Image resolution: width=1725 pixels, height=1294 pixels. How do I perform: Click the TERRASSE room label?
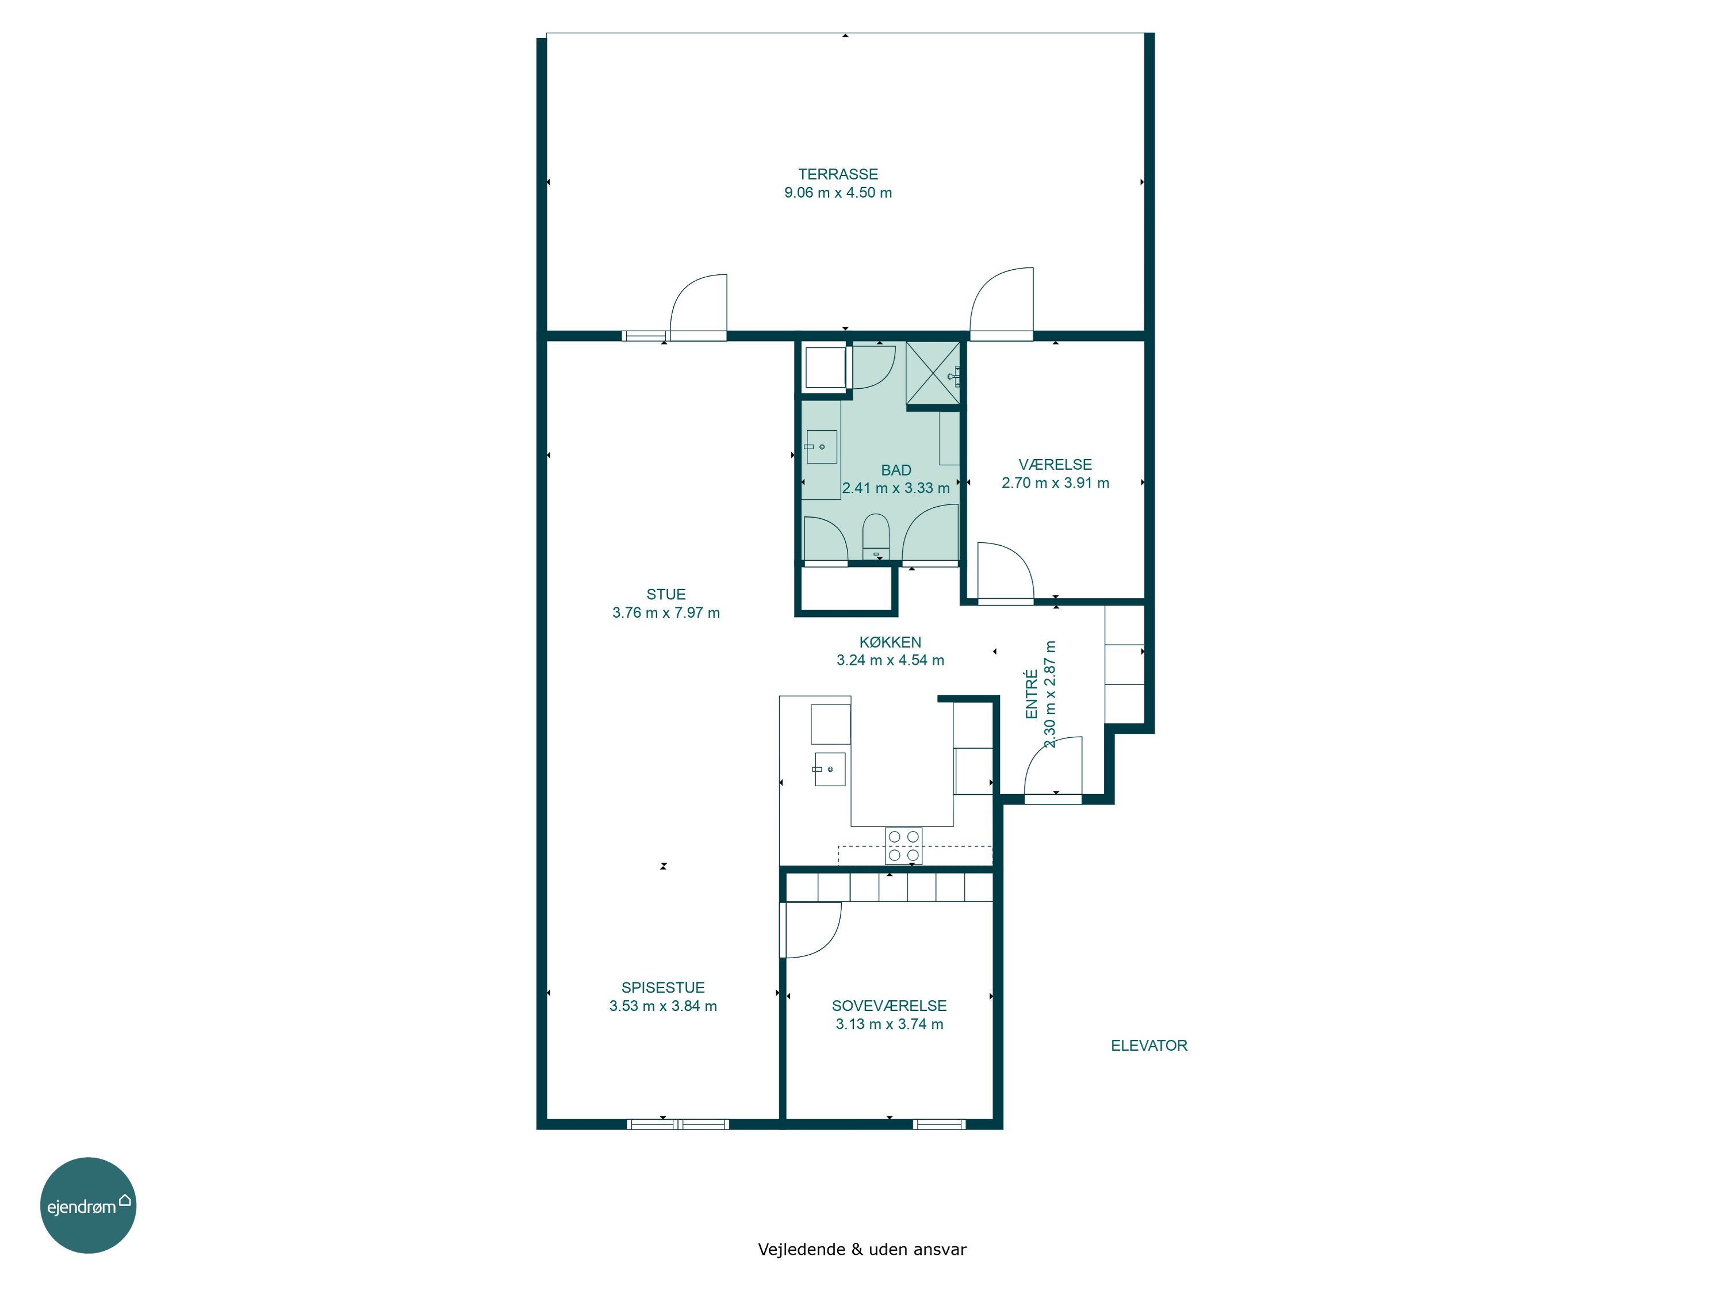click(x=838, y=174)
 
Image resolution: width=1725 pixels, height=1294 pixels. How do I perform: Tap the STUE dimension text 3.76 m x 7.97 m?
click(x=666, y=612)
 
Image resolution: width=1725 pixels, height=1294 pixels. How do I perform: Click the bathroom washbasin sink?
click(x=821, y=447)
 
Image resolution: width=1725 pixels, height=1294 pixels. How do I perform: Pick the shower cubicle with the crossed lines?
click(x=933, y=374)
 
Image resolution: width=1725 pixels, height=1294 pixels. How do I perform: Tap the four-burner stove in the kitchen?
click(x=903, y=845)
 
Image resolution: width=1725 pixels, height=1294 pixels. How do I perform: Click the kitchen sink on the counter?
click(x=830, y=769)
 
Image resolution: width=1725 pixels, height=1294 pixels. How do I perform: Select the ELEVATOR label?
click(x=1149, y=1045)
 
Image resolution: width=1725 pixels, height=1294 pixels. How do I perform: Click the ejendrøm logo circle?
click(x=88, y=1205)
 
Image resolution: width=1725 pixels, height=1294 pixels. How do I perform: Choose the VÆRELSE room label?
click(x=1055, y=464)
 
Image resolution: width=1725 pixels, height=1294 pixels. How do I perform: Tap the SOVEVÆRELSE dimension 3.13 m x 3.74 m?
click(x=889, y=1024)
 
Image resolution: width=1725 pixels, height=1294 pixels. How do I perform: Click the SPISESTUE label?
click(x=663, y=987)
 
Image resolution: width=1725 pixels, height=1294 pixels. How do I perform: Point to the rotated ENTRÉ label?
click(x=1031, y=694)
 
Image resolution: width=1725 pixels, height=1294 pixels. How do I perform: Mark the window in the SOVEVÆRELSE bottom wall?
click(x=939, y=1124)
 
